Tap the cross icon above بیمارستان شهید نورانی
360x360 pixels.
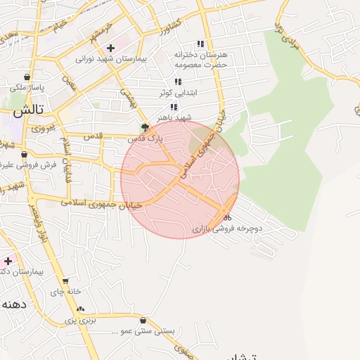(x=110, y=48)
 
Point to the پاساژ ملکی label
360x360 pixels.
(x=27, y=88)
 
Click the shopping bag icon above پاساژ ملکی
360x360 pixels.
(x=27, y=77)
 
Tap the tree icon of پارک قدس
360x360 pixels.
(x=145, y=128)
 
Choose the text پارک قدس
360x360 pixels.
(x=145, y=139)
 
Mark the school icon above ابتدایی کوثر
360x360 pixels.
(x=178, y=82)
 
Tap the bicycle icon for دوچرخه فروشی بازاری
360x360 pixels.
(x=227, y=217)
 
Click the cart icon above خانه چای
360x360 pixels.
(x=65, y=280)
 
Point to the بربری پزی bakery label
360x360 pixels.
(x=80, y=320)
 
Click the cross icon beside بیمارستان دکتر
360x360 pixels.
(x=8, y=260)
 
